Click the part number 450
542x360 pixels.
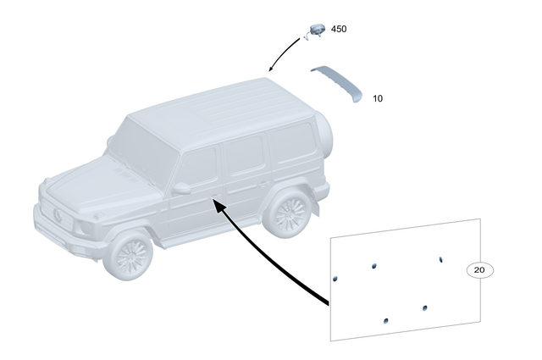pyautogui.click(x=339, y=30)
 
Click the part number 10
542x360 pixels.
pyautogui.click(x=378, y=99)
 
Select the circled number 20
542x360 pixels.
pyautogui.click(x=479, y=270)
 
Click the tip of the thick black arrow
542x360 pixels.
pyautogui.click(x=215, y=202)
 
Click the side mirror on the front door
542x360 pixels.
pyautogui.click(x=181, y=188)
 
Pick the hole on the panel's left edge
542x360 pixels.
pyautogui.click(x=335, y=277)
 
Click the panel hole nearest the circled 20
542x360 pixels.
pyautogui.click(x=440, y=258)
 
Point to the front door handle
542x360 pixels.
pyautogui.click(x=210, y=200)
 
